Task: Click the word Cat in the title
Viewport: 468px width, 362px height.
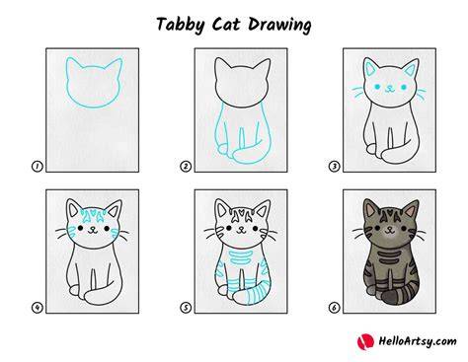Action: coord(226,25)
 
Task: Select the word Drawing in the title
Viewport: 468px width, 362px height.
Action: coord(279,25)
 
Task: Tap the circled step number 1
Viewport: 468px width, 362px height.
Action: coord(38,167)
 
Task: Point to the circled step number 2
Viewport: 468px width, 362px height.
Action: coord(186,167)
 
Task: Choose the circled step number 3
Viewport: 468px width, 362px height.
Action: coord(334,167)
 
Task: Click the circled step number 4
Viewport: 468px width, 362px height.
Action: coord(38,308)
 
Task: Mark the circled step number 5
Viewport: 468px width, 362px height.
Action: coord(186,308)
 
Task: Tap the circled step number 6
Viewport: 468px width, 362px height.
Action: coord(334,308)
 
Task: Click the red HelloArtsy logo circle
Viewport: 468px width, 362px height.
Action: coord(365,341)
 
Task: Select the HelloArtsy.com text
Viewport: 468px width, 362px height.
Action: coord(418,341)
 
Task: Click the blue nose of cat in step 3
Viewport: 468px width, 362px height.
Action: coord(390,87)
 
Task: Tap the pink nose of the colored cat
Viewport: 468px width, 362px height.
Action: coord(390,228)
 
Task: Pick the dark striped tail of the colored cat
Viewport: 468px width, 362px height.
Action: coord(401,293)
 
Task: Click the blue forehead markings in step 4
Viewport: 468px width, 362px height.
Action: coord(93,214)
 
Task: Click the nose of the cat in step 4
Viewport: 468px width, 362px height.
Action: coord(93,228)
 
